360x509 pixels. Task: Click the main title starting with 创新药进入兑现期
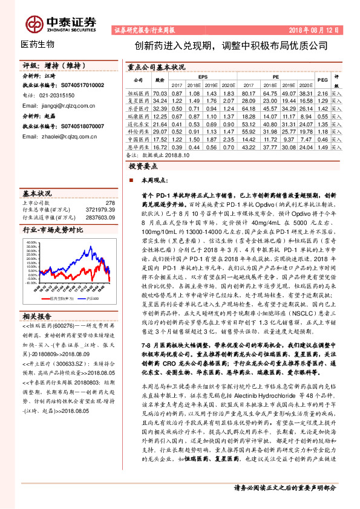point(231,45)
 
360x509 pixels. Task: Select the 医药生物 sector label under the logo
point(38,45)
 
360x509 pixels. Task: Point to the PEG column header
point(322,79)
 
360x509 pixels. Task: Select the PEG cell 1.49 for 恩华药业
point(322,147)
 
